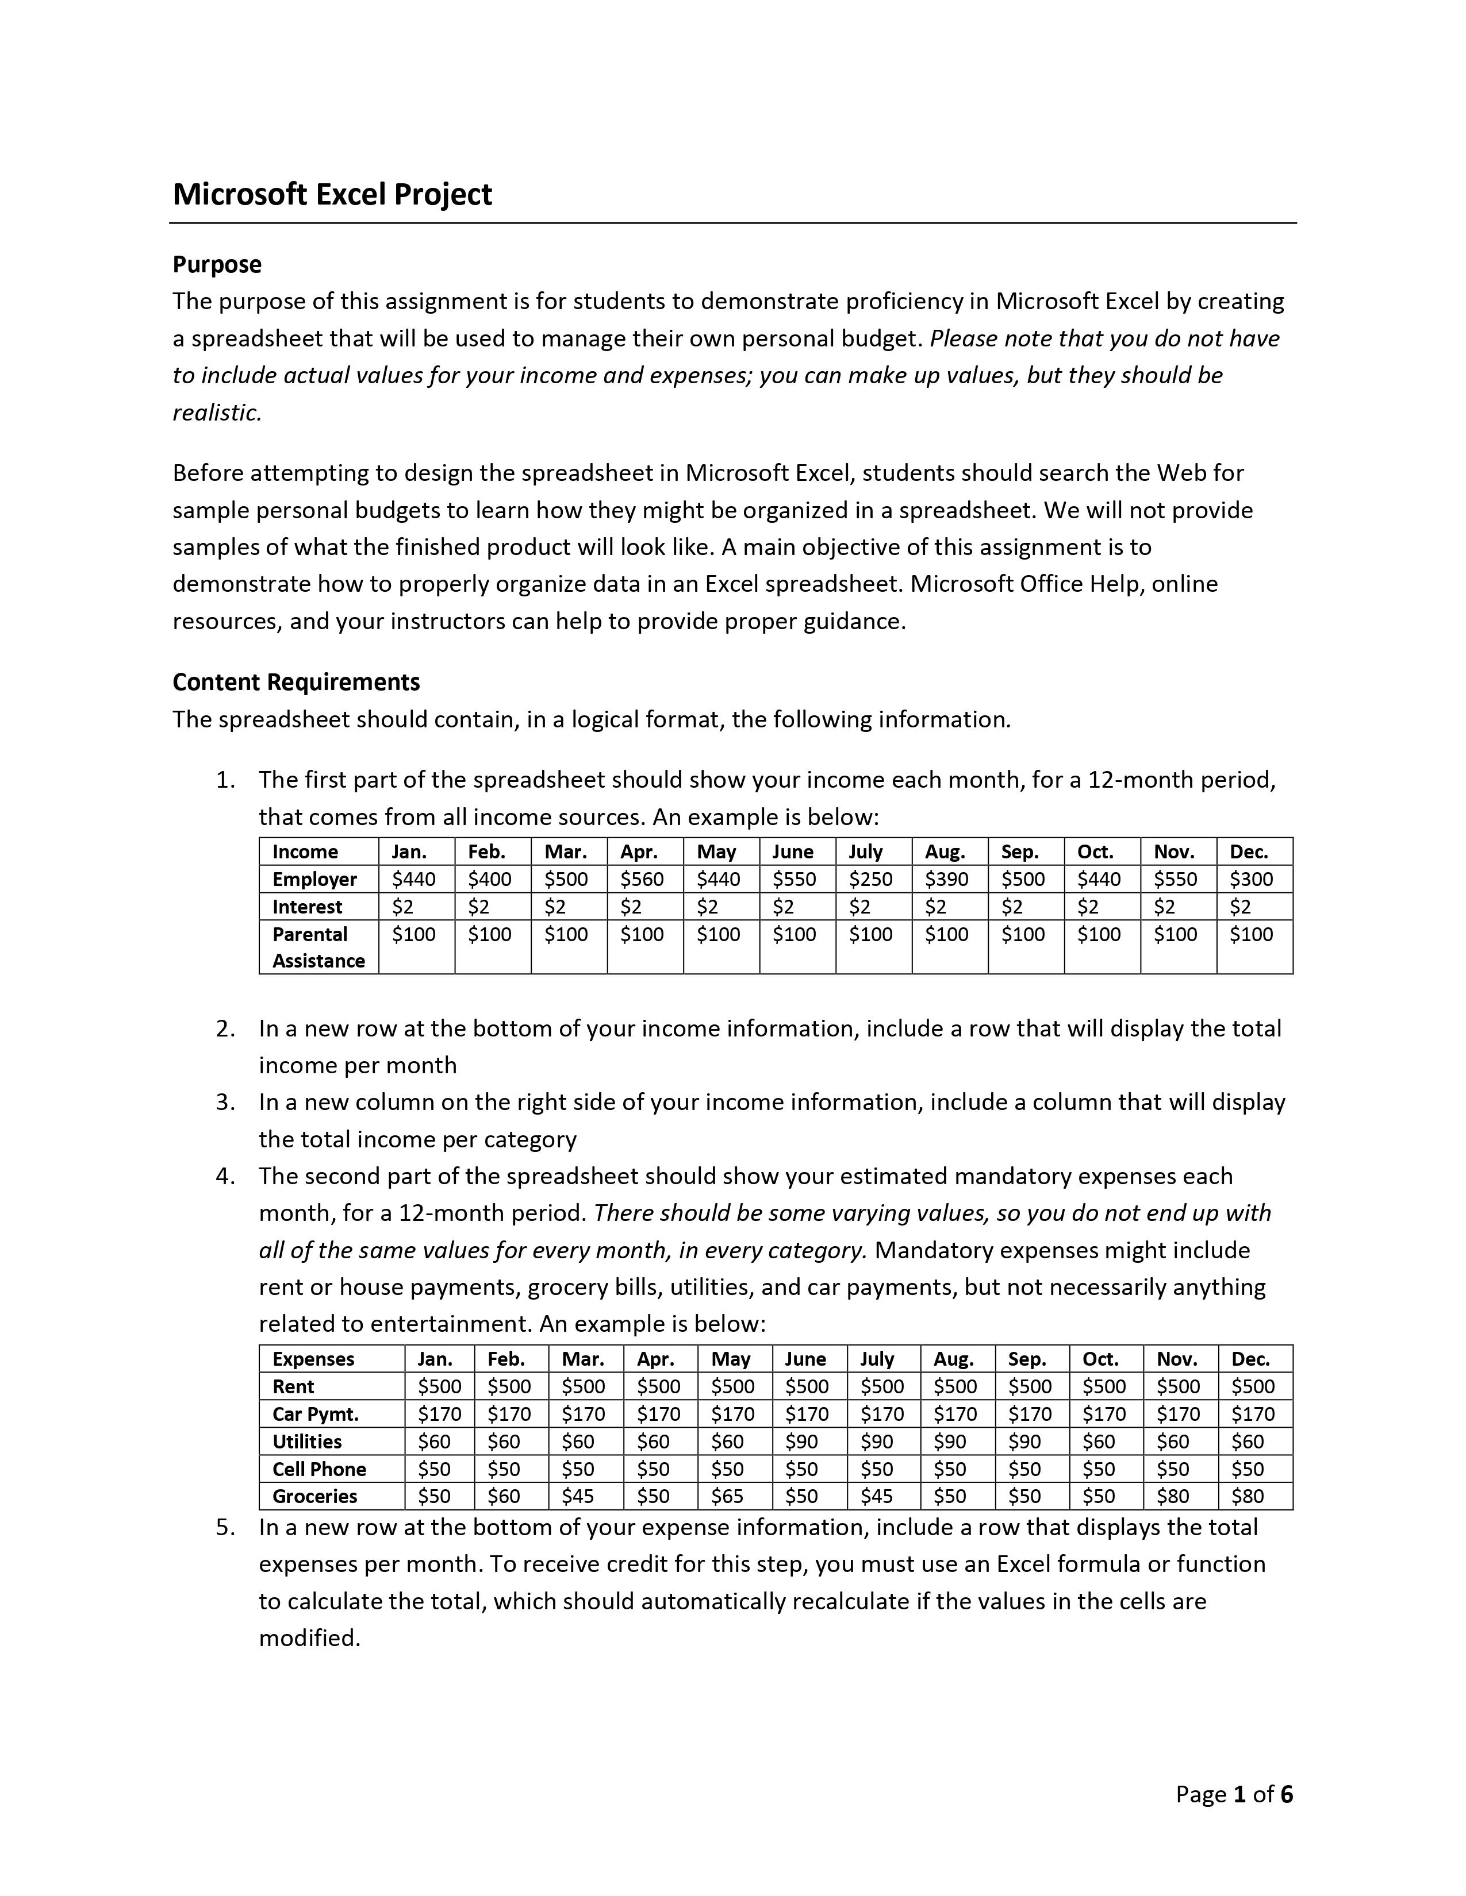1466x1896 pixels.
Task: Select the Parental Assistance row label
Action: point(318,947)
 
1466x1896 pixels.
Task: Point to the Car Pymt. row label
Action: point(315,1413)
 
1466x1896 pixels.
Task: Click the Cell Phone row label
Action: point(318,1469)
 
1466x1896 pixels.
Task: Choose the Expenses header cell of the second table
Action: point(313,1359)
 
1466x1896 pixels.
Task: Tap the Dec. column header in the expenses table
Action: point(1250,1359)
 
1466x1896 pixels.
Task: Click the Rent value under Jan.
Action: point(439,1386)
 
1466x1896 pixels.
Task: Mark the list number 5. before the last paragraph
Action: point(226,1527)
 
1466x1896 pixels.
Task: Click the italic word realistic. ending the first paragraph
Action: point(217,413)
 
